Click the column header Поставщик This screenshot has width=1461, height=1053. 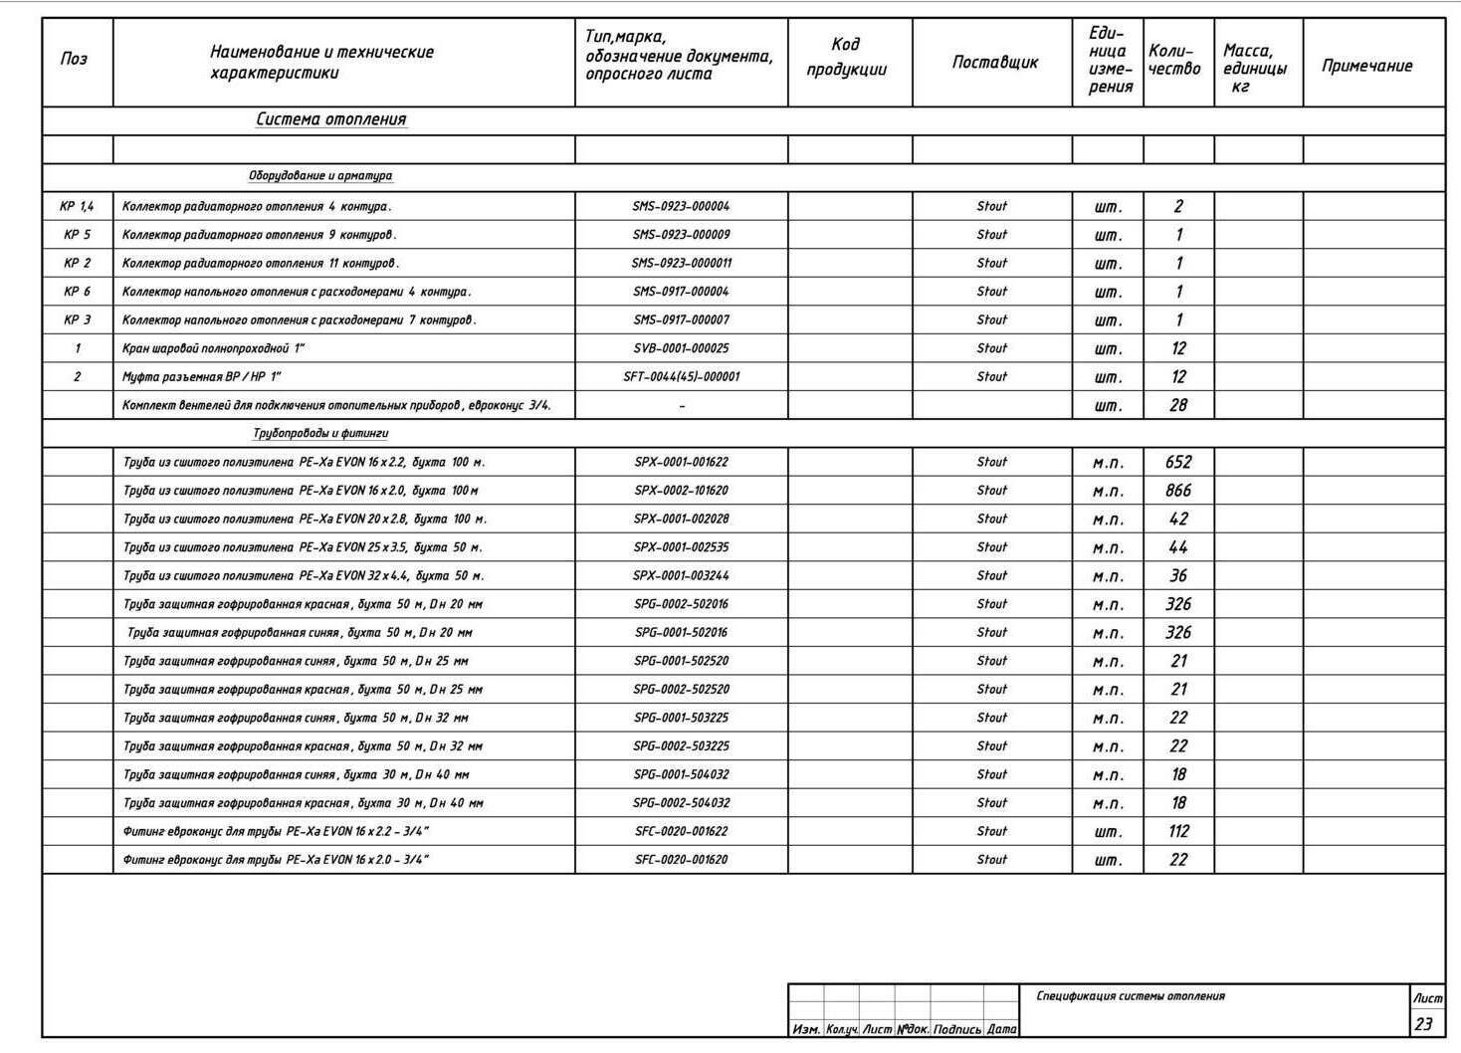click(x=994, y=62)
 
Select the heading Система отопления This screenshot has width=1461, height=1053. click(x=330, y=119)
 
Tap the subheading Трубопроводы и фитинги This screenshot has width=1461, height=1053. click(x=320, y=434)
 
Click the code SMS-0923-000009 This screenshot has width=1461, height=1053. click(x=681, y=235)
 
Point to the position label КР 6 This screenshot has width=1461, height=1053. click(x=77, y=292)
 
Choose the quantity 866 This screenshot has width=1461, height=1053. click(x=1178, y=491)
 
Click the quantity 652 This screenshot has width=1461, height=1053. click(x=1178, y=462)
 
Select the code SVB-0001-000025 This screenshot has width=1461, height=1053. click(x=681, y=348)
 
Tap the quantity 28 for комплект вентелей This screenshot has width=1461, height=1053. click(x=1178, y=405)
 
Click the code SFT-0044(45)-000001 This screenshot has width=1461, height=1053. click(x=681, y=377)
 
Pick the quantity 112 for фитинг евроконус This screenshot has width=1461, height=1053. click(x=1178, y=831)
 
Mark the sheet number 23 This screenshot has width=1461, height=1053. click(x=1424, y=1023)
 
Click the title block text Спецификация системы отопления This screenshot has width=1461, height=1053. click(x=1131, y=996)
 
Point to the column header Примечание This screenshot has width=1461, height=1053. click(x=1366, y=66)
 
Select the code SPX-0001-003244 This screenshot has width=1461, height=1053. click(x=681, y=576)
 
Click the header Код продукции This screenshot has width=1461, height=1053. click(x=846, y=57)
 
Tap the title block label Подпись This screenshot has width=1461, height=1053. click(x=957, y=1030)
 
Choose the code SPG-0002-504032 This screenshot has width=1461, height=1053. click(x=681, y=803)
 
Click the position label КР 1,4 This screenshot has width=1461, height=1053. click(x=77, y=207)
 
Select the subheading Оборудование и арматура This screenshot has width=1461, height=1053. click(x=320, y=176)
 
